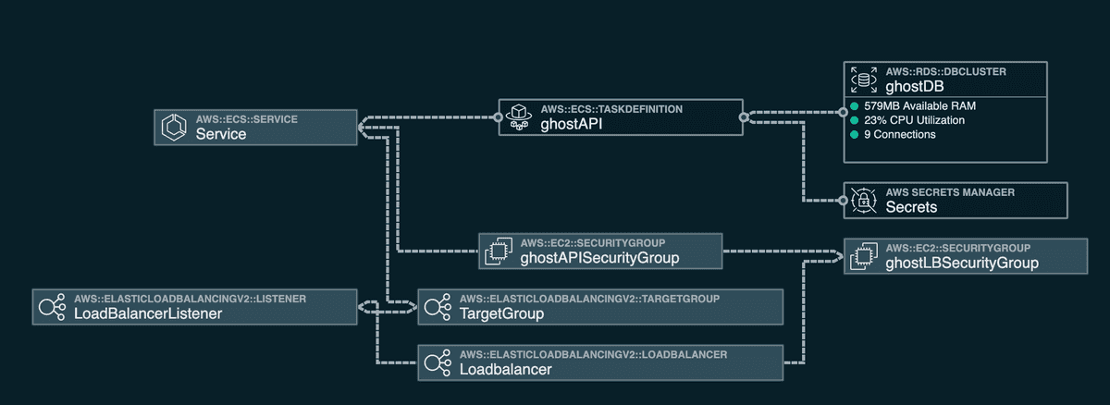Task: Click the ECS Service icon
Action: pyautogui.click(x=175, y=127)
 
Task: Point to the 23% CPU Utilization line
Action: pyautogui.click(x=914, y=120)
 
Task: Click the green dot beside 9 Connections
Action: pyautogui.click(x=855, y=135)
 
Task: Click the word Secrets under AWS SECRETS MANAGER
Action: pyautogui.click(x=911, y=207)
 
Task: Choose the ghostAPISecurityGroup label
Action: pyautogui.click(x=599, y=258)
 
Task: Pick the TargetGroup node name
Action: pyautogui.click(x=501, y=313)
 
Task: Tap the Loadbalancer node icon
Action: pyautogui.click(x=438, y=362)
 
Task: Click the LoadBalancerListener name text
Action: pyautogui.click(x=147, y=313)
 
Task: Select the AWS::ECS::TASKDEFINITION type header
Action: pyautogui.click(x=611, y=109)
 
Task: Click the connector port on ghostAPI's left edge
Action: pyautogui.click(x=498, y=117)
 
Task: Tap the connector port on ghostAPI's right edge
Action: pyautogui.click(x=743, y=117)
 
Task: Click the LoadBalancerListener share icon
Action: pyautogui.click(x=52, y=306)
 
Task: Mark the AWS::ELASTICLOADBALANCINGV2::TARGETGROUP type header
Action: pyautogui.click(x=589, y=299)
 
